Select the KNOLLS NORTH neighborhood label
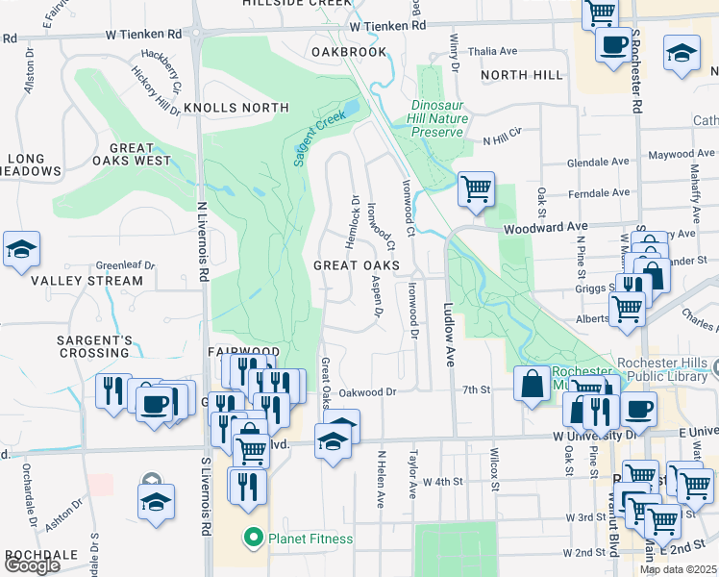pyautogui.click(x=236, y=108)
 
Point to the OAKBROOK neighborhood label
pyautogui.click(x=349, y=52)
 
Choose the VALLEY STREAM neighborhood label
pyautogui.click(x=87, y=282)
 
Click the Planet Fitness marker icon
pyautogui.click(x=254, y=538)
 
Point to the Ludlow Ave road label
pyautogui.click(x=448, y=336)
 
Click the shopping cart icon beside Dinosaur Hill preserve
pyautogui.click(x=476, y=188)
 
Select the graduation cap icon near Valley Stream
pyautogui.click(x=21, y=249)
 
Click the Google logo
pyautogui.click(x=32, y=565)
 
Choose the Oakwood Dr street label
pyautogui.click(x=368, y=391)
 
